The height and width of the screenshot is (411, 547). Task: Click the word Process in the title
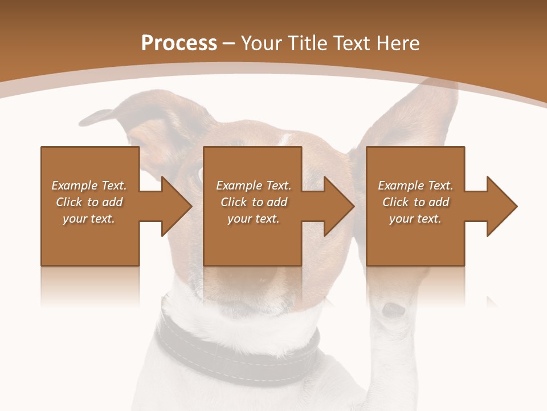(179, 43)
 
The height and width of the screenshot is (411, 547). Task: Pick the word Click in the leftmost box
(69, 202)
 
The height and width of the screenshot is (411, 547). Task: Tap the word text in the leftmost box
(103, 219)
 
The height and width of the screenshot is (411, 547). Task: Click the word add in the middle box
(277, 202)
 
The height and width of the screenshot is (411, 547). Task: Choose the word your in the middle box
(240, 219)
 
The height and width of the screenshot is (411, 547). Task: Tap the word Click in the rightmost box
(395, 202)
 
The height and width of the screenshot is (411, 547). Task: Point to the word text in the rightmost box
(429, 219)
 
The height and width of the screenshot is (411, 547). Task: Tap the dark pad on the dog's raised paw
(393, 309)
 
